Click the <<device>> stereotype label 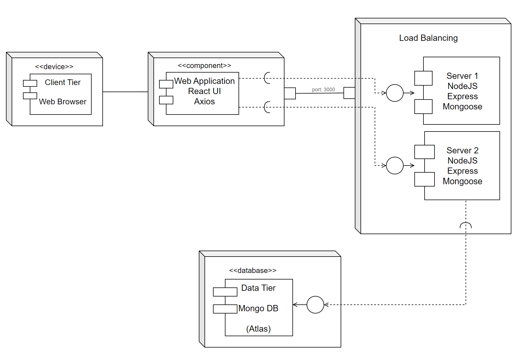tap(54, 67)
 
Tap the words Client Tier tap(63, 82)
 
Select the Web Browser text tap(63, 101)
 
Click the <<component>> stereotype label tap(204, 65)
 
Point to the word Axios tap(204, 101)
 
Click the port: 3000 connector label tap(323, 90)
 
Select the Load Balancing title tap(428, 38)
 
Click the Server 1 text tap(462, 76)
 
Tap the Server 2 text tap(462, 150)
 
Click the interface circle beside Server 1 tap(395, 93)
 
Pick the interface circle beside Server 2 tap(395, 166)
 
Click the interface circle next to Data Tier tap(315, 305)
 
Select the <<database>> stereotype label tap(252, 270)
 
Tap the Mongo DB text tap(258, 308)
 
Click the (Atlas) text tap(258, 329)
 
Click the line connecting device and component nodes tap(125, 92)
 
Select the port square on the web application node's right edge tap(290, 93)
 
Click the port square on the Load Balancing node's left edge tap(349, 93)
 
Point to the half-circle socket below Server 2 tap(466, 225)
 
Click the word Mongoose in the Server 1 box tap(462, 107)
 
